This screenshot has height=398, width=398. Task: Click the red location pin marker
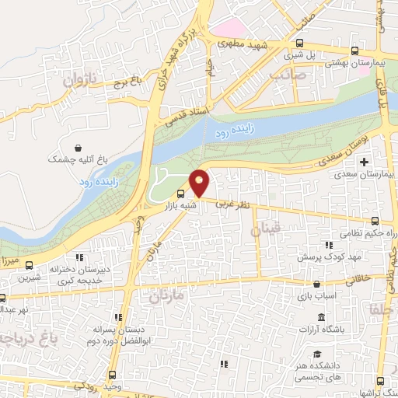point(200,182)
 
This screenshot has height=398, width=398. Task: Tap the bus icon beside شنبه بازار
point(181,194)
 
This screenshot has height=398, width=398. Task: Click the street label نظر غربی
point(233,203)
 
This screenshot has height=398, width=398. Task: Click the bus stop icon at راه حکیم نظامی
point(377,221)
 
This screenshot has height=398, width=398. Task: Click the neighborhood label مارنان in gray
point(165,296)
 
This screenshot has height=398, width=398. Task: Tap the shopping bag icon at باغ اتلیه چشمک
point(78,148)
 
